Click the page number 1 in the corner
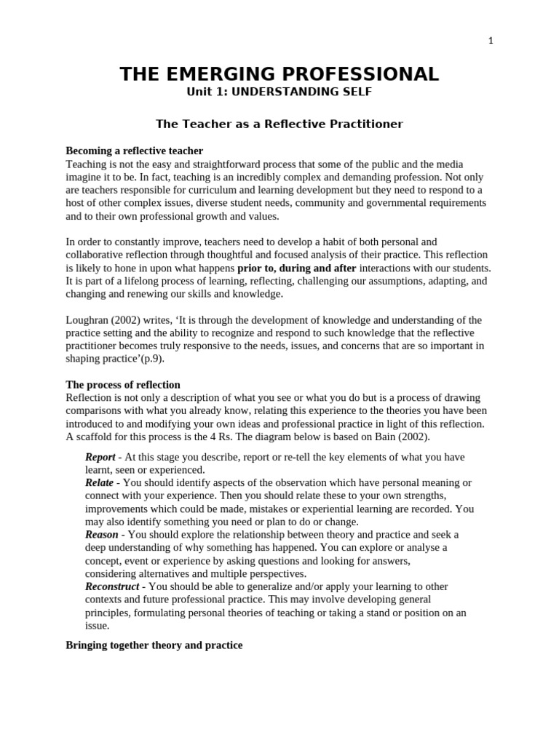491,41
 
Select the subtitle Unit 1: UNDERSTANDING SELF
279,92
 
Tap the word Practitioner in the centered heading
362,124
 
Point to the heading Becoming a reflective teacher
135,151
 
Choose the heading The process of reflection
123,385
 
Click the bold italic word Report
100,457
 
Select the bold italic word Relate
99,482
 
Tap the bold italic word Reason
101,535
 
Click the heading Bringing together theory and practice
154,645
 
